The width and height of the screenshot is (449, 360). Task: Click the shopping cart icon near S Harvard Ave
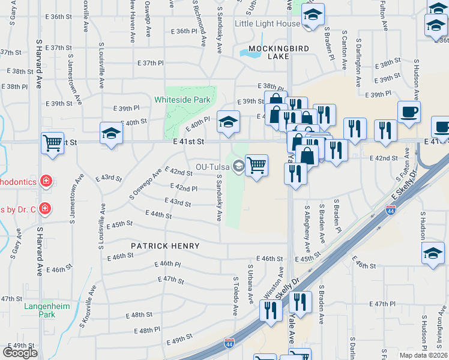click(x=53, y=143)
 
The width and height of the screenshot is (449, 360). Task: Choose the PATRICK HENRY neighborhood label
click(x=166, y=246)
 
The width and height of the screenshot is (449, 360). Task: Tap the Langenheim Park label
click(x=47, y=310)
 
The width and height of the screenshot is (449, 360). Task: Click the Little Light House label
click(x=267, y=23)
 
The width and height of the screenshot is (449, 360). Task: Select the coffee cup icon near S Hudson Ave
click(x=409, y=112)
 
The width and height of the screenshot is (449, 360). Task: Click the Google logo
click(x=20, y=352)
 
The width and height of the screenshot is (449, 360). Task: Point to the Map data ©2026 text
click(x=423, y=355)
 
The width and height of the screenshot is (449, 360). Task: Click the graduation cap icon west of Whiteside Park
click(x=111, y=134)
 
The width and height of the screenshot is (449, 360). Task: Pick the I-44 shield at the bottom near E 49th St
click(x=229, y=343)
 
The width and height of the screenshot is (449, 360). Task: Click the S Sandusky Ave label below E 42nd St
click(x=220, y=197)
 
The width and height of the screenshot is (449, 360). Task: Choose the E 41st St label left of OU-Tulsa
click(x=189, y=142)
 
